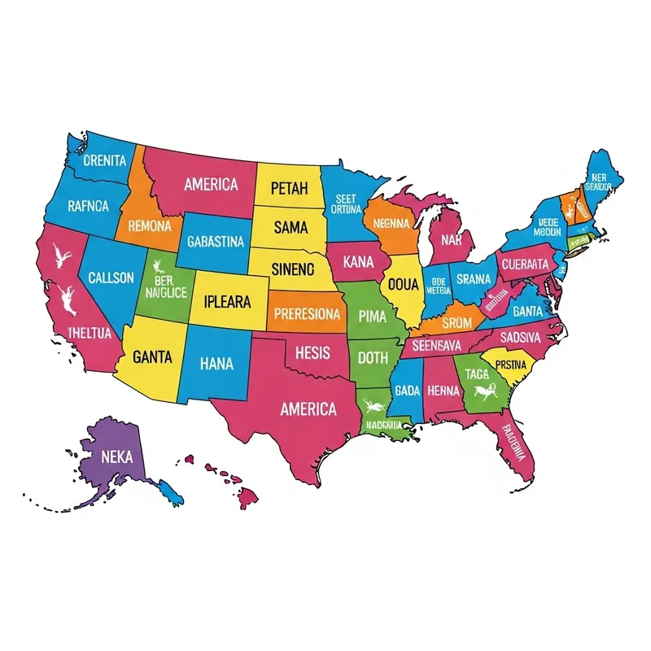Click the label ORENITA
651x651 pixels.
coord(105,160)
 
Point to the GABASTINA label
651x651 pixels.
coord(215,242)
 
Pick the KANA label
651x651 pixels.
coord(358,263)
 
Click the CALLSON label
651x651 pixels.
coord(111,277)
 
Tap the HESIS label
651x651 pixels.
coord(312,353)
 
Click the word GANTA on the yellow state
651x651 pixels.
coord(151,356)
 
